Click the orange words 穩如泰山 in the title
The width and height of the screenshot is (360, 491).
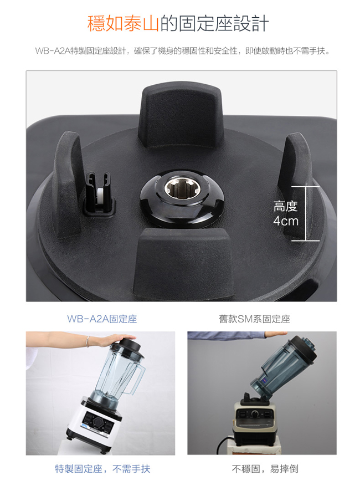coord(123,23)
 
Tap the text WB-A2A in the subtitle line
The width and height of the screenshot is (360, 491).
coord(53,51)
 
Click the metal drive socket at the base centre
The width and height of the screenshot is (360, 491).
coord(177,189)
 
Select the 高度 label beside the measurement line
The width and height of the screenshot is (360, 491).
coord(285,206)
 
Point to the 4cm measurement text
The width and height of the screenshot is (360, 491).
coord(285,221)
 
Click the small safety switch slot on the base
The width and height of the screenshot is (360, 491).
coord(99,194)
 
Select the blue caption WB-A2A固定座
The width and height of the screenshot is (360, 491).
coord(102,319)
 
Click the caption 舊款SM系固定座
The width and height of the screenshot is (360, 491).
coord(255,319)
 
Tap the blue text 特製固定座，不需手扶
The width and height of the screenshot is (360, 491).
coord(102,469)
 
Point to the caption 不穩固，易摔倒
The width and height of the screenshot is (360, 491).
coord(265,469)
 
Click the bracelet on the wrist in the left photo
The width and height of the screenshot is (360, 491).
coord(88,341)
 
